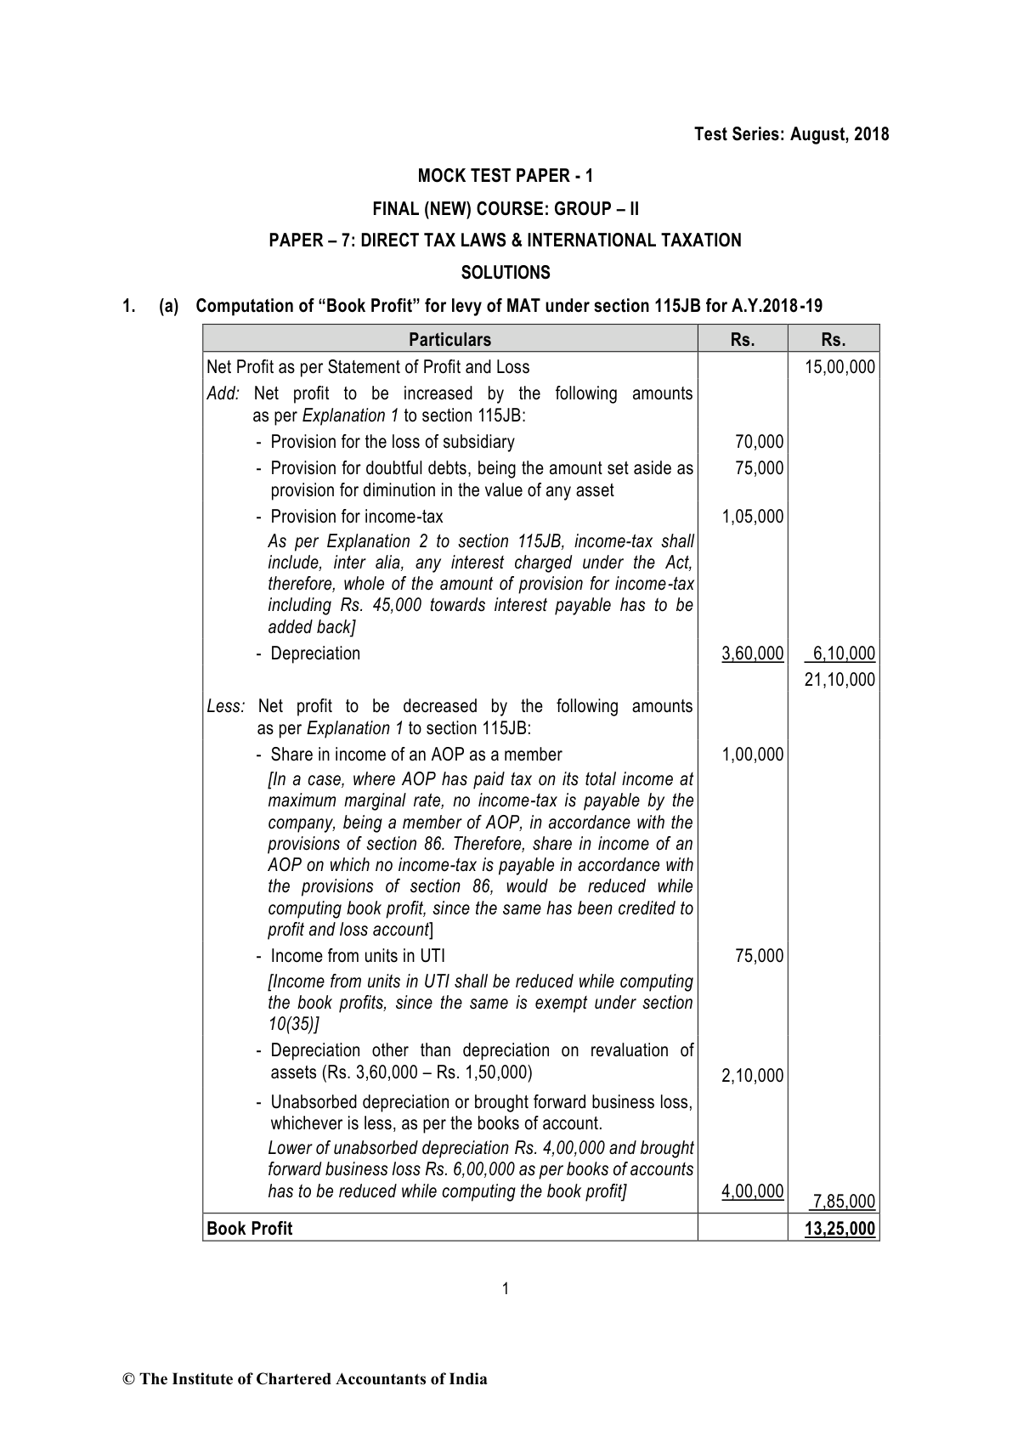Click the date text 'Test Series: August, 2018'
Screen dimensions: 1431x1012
791,134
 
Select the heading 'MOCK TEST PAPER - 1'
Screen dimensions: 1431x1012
506,176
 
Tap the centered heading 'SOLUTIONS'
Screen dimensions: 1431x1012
506,273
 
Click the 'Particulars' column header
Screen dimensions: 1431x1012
449,340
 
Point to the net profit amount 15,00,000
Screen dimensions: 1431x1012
840,367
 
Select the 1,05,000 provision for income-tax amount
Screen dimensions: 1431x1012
753,517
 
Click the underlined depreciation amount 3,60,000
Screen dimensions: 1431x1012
753,653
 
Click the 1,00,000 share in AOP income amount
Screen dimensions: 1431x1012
753,755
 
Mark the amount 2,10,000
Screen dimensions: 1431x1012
753,1077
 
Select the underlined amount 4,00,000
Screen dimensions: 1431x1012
753,1191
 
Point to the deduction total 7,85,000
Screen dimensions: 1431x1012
843,1202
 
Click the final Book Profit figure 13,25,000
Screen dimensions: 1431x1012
840,1229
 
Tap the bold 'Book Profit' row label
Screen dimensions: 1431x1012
250,1229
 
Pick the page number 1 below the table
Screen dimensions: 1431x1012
506,1289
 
